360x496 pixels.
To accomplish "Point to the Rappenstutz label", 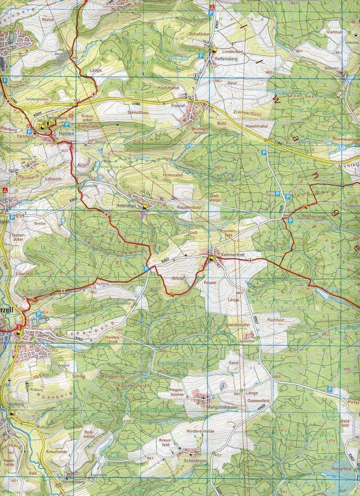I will coord(189,208).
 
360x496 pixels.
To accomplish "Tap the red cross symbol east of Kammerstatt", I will coord(250,260).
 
